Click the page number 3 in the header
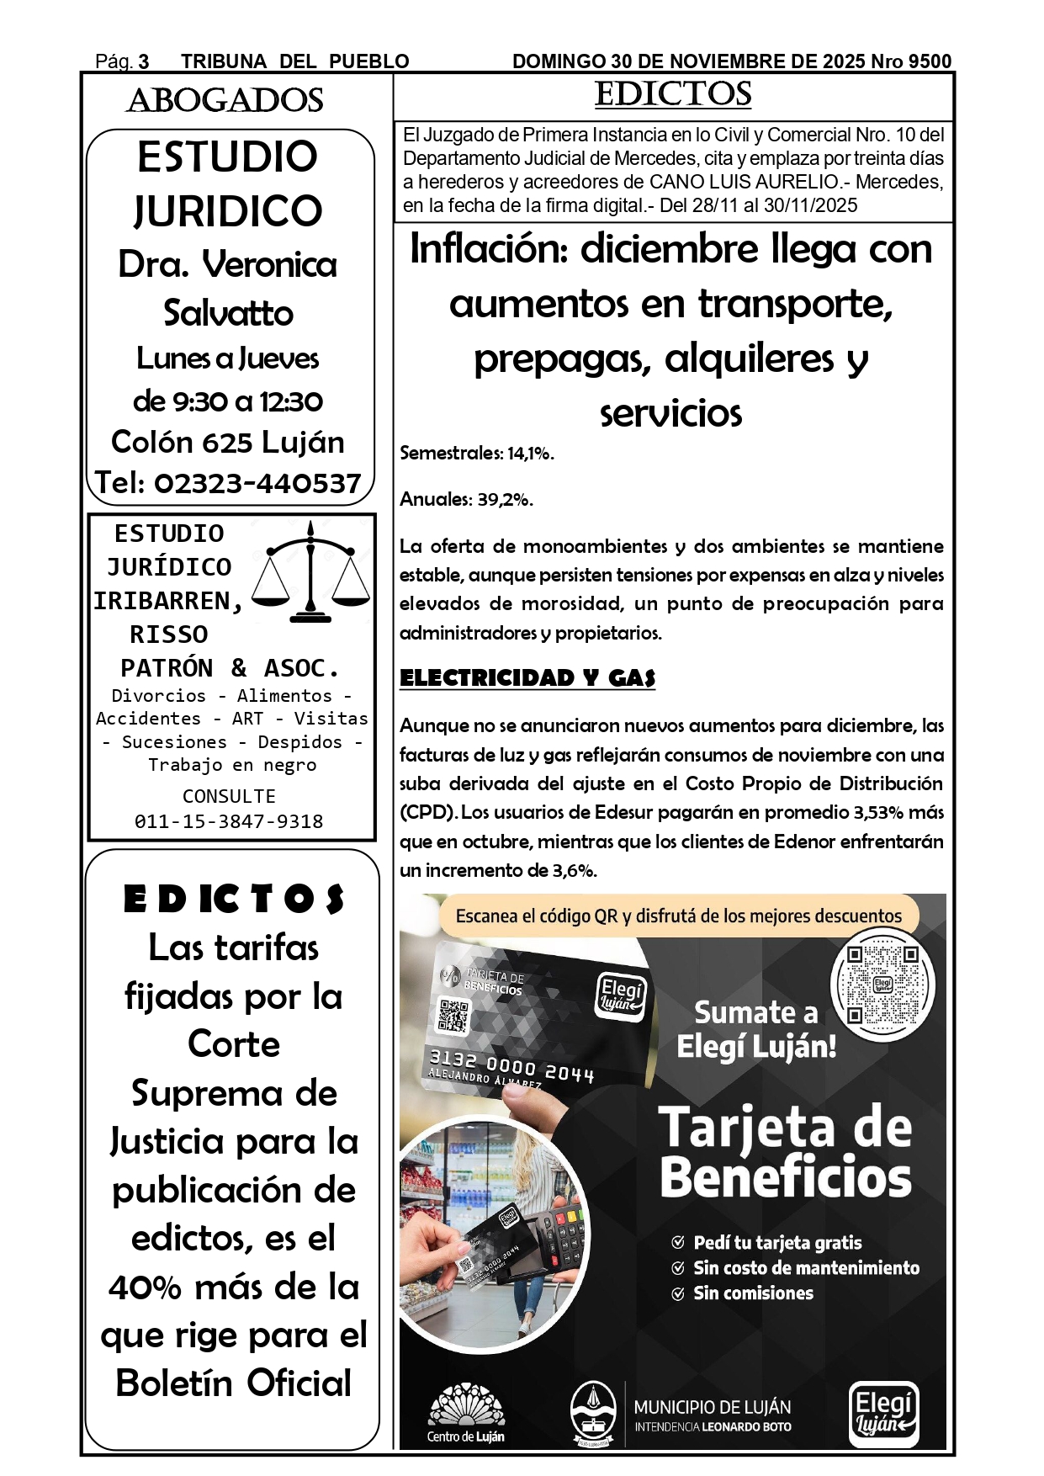click(x=144, y=61)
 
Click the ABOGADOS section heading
click(x=225, y=101)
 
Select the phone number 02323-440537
click(x=257, y=483)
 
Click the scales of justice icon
click(x=311, y=571)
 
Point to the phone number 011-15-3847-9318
click(x=229, y=821)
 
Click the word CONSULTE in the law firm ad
click(x=229, y=796)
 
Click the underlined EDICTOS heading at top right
click(x=673, y=94)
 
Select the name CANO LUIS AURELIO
click(x=744, y=182)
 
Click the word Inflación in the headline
click(x=489, y=250)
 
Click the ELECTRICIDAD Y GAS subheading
click(x=527, y=678)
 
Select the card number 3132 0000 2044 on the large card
click(x=511, y=1065)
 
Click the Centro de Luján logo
click(x=466, y=1415)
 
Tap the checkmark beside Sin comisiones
click(x=678, y=1294)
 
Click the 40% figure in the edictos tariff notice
click(x=145, y=1288)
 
